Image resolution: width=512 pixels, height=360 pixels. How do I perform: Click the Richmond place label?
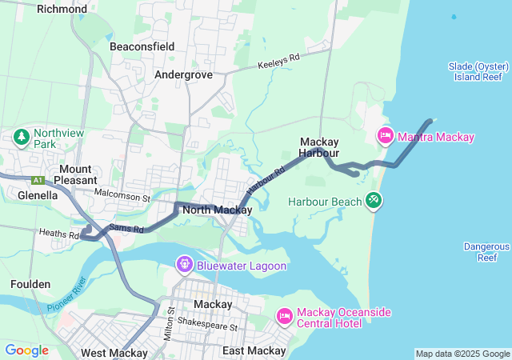tap(62, 9)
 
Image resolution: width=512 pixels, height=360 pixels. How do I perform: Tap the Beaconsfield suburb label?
tap(142, 46)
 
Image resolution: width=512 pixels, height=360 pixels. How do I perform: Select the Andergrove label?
tap(183, 74)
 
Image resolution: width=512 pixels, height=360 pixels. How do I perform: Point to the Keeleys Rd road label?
tap(278, 62)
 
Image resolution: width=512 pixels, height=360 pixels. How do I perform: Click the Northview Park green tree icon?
tap(20, 137)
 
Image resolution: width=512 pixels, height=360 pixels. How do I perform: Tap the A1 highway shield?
tap(37, 180)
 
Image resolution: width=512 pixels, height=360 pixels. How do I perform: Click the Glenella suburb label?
tap(38, 194)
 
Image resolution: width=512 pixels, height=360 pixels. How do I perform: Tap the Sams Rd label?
tap(126, 229)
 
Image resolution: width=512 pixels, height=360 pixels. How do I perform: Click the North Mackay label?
tap(217, 210)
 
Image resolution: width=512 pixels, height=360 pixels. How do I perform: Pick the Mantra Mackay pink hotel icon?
tap(386, 136)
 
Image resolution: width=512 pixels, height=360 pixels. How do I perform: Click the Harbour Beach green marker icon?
tap(374, 198)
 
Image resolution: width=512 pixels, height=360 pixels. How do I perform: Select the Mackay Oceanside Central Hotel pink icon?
tap(283, 316)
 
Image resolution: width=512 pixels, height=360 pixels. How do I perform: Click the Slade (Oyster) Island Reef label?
tap(475, 71)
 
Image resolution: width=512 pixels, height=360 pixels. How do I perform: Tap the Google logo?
tap(26, 350)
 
